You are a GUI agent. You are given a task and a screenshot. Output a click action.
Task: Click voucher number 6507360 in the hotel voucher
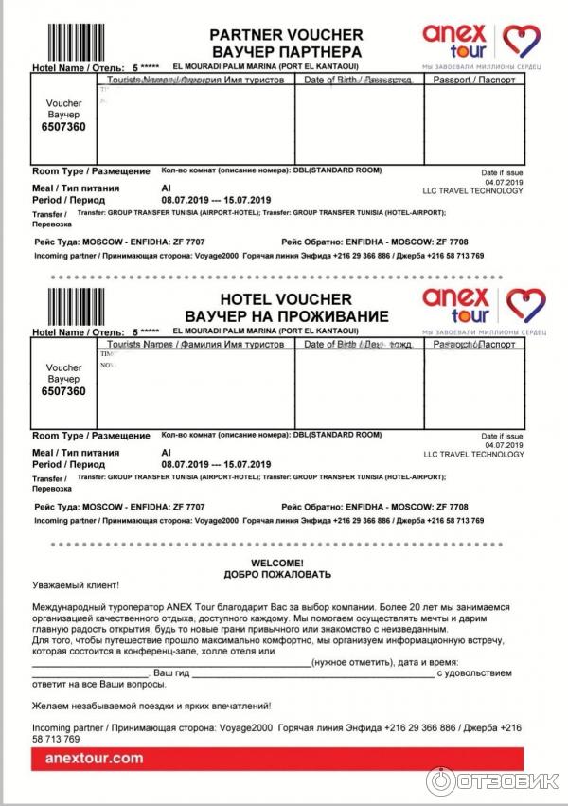pyautogui.click(x=63, y=391)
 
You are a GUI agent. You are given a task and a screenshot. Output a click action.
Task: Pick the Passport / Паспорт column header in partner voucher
pyautogui.click(x=473, y=80)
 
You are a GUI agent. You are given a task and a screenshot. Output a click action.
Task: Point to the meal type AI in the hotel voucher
pyautogui.click(x=167, y=454)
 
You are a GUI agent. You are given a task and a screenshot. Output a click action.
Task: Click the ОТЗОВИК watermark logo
pyautogui.click(x=492, y=779)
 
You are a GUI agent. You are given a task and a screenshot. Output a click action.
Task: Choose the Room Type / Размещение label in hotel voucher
pyautogui.click(x=91, y=436)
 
